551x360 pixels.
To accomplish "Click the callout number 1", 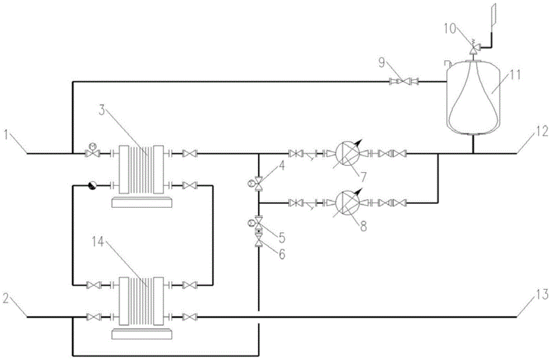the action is (x=6, y=135).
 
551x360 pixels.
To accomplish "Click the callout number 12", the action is (x=542, y=131).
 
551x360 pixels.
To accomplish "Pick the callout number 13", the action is (x=542, y=294).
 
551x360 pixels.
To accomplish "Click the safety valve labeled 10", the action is (x=473, y=47).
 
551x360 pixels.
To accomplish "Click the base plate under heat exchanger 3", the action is (x=142, y=202).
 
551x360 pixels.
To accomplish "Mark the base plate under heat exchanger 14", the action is (x=142, y=334).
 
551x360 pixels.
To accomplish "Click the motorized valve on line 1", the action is (x=93, y=152).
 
